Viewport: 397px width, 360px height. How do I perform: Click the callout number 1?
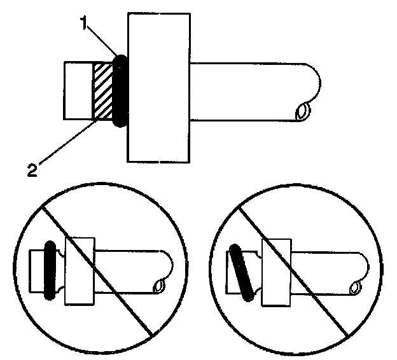coord(84,25)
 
